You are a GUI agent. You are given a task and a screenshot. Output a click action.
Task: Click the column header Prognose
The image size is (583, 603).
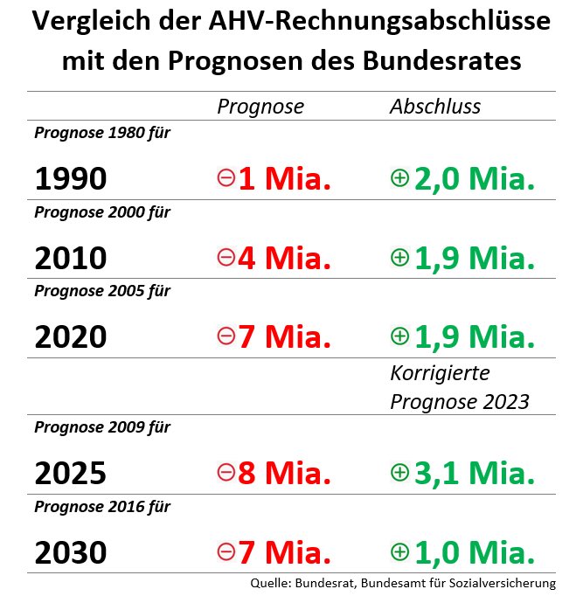click(x=260, y=107)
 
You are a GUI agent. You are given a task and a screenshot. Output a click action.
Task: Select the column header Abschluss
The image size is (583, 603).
click(x=435, y=107)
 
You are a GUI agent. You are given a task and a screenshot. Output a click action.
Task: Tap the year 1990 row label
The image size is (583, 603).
click(x=71, y=179)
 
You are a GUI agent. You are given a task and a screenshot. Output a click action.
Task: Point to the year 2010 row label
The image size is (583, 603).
click(x=71, y=259)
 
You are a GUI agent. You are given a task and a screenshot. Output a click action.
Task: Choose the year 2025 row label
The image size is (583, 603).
click(x=71, y=474)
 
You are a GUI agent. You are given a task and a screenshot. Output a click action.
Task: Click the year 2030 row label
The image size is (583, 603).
click(x=71, y=553)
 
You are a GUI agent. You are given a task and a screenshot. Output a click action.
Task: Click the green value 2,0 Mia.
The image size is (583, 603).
click(x=473, y=179)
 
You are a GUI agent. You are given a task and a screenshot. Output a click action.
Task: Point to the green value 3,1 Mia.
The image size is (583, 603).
click(x=473, y=474)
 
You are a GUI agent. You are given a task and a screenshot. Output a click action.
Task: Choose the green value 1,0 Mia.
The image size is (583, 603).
click(x=473, y=553)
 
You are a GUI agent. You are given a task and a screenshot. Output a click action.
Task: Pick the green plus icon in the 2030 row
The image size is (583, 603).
click(x=399, y=552)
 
